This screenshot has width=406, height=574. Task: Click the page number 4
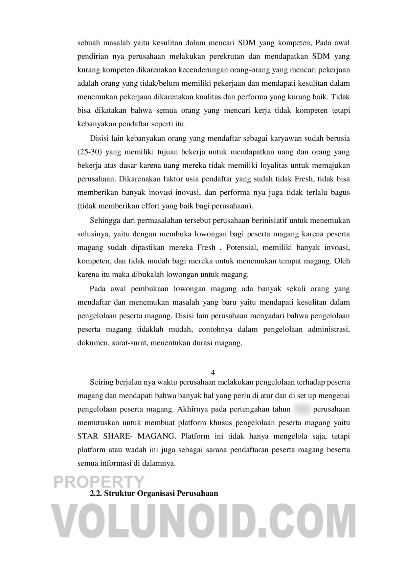point(213,373)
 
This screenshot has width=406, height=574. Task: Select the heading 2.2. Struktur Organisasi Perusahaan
point(154,493)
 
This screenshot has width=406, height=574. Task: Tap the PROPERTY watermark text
point(99,482)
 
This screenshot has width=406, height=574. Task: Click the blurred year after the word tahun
point(302,409)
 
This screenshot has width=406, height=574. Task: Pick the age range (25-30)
point(90,152)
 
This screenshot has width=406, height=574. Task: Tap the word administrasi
point(329,329)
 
